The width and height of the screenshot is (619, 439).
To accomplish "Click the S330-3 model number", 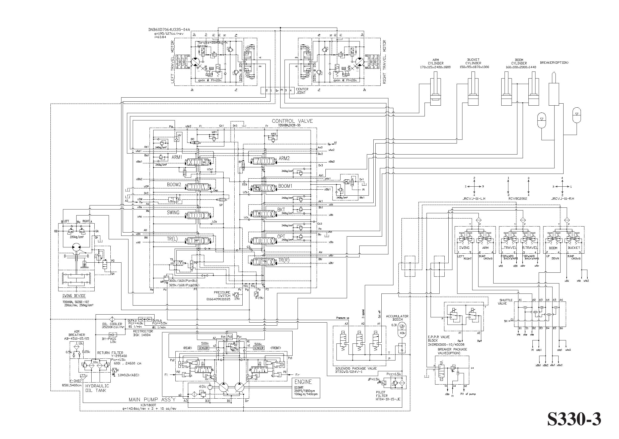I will coord(574,419).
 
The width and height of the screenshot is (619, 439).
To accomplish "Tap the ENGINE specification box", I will coord(306,388).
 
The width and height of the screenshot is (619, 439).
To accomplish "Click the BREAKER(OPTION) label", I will coord(554,63).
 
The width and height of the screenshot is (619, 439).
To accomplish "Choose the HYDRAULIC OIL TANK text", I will coord(97,388).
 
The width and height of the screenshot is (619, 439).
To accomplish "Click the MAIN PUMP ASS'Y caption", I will coord(152,400).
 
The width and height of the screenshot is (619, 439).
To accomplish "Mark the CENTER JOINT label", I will coord(302,91).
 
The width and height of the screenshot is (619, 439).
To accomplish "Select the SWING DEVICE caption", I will coord(74,296).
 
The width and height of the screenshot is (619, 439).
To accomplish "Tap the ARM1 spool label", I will coord(177,157).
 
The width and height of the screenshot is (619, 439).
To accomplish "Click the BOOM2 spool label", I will coord(174,185).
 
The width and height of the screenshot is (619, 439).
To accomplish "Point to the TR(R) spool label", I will coord(284,260).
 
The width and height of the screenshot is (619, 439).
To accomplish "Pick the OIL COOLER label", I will coord(112,324).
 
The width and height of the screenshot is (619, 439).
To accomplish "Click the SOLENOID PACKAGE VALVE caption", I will coord(356,369).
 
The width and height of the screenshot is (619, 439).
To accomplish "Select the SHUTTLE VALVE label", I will coord(506,302).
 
